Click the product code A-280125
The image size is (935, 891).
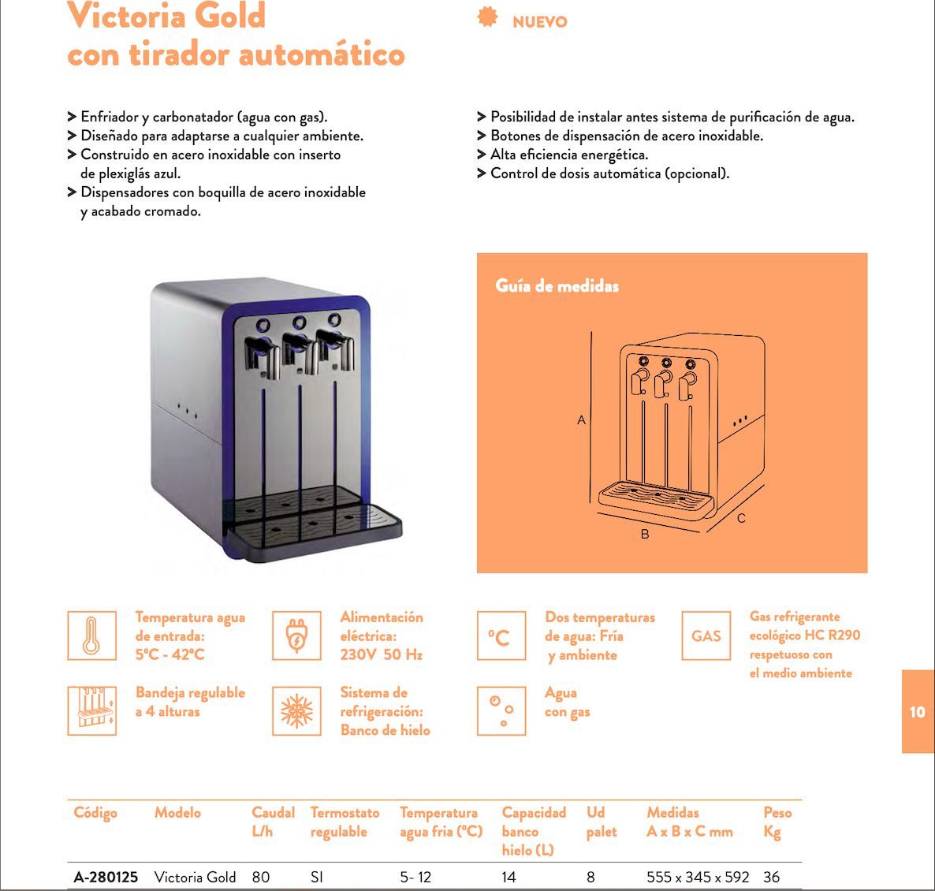click(106, 877)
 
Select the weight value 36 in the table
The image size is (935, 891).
click(771, 877)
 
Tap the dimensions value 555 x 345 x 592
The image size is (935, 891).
click(697, 877)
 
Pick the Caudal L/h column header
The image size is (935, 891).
click(273, 822)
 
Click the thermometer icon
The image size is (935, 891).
click(91, 636)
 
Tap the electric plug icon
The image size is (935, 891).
click(296, 636)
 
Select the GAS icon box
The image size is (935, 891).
click(706, 636)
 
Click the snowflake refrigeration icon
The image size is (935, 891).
click(296, 711)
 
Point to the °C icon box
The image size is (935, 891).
click(501, 636)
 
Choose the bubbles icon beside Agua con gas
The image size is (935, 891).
click(501, 711)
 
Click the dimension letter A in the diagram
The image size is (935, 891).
click(582, 420)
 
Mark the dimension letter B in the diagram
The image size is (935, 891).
click(645, 535)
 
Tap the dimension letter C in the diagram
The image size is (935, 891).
click(741, 519)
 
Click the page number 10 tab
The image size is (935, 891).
click(917, 712)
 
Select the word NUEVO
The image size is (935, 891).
click(540, 22)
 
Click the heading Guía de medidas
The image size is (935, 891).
click(557, 285)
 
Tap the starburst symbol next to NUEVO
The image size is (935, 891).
click(488, 17)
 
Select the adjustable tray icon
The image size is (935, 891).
click(91, 711)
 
